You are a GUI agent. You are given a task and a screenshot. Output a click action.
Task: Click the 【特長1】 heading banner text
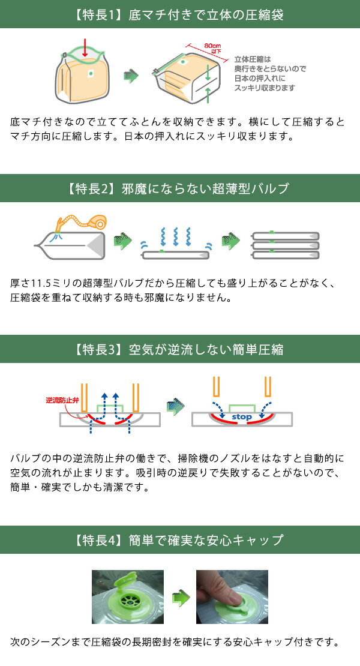pyautogui.click(x=180, y=14)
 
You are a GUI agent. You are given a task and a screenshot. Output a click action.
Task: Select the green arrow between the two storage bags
pyautogui.click(x=131, y=76)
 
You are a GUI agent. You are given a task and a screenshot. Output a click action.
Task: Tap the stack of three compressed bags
pyautogui.click(x=285, y=245)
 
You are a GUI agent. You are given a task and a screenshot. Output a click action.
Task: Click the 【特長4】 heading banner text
pyautogui.click(x=180, y=540)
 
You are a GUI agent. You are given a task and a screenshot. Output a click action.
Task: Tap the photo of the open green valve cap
pyautogui.click(x=127, y=597)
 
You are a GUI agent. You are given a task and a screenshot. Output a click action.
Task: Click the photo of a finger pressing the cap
pyautogui.click(x=232, y=597)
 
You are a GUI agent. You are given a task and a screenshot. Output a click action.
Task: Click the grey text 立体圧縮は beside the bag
pyautogui.click(x=252, y=59)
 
